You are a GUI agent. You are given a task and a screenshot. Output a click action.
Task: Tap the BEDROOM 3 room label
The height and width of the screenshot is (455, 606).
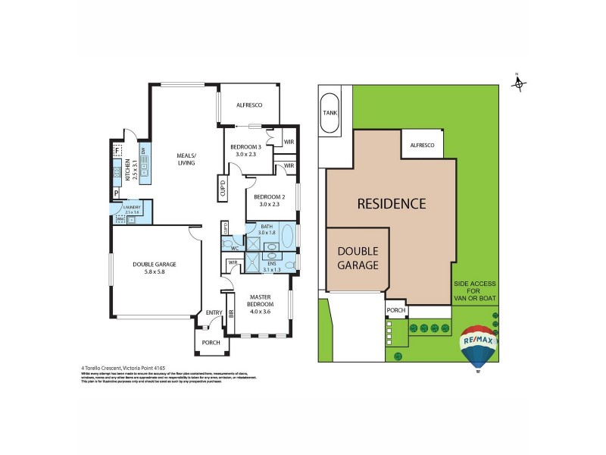pyautogui.click(x=246, y=147)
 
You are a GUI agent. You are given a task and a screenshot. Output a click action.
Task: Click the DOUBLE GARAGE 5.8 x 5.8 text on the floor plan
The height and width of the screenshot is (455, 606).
pyautogui.click(x=154, y=267)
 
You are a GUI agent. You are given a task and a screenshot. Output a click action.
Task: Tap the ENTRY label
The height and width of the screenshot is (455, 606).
pyautogui.click(x=214, y=312)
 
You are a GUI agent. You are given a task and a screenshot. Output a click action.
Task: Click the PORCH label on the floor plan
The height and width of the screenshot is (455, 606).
pyautogui.click(x=211, y=342)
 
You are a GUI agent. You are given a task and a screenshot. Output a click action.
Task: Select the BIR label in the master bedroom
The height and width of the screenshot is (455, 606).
pyautogui.click(x=231, y=312)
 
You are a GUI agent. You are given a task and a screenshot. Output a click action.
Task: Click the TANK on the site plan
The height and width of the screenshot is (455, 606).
pyautogui.click(x=330, y=112)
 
